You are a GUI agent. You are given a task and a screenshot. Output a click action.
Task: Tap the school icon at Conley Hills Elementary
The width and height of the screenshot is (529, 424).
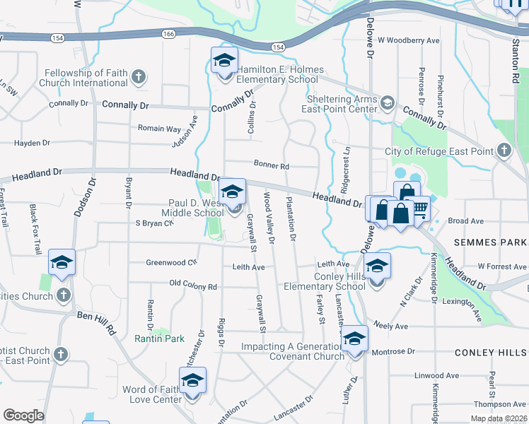click(378, 267)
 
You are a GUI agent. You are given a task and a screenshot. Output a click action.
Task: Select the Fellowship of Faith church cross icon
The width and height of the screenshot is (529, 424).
click(139, 76)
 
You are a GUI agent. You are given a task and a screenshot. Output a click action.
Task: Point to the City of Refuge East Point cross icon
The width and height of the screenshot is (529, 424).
click(504, 151)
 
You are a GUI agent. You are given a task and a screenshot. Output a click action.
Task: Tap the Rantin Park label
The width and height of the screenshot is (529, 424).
click(160, 338)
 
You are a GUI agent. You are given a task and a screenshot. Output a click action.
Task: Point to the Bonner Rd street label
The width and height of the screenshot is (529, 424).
click(272, 166)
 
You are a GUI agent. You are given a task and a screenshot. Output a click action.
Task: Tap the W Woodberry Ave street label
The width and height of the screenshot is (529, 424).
click(408, 40)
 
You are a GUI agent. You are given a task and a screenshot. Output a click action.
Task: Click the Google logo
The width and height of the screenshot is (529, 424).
click(23, 416)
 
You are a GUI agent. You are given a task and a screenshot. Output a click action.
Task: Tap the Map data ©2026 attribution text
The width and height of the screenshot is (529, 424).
click(498, 418)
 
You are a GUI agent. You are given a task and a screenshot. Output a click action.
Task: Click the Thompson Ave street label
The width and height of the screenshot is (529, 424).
click(500, 404)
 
